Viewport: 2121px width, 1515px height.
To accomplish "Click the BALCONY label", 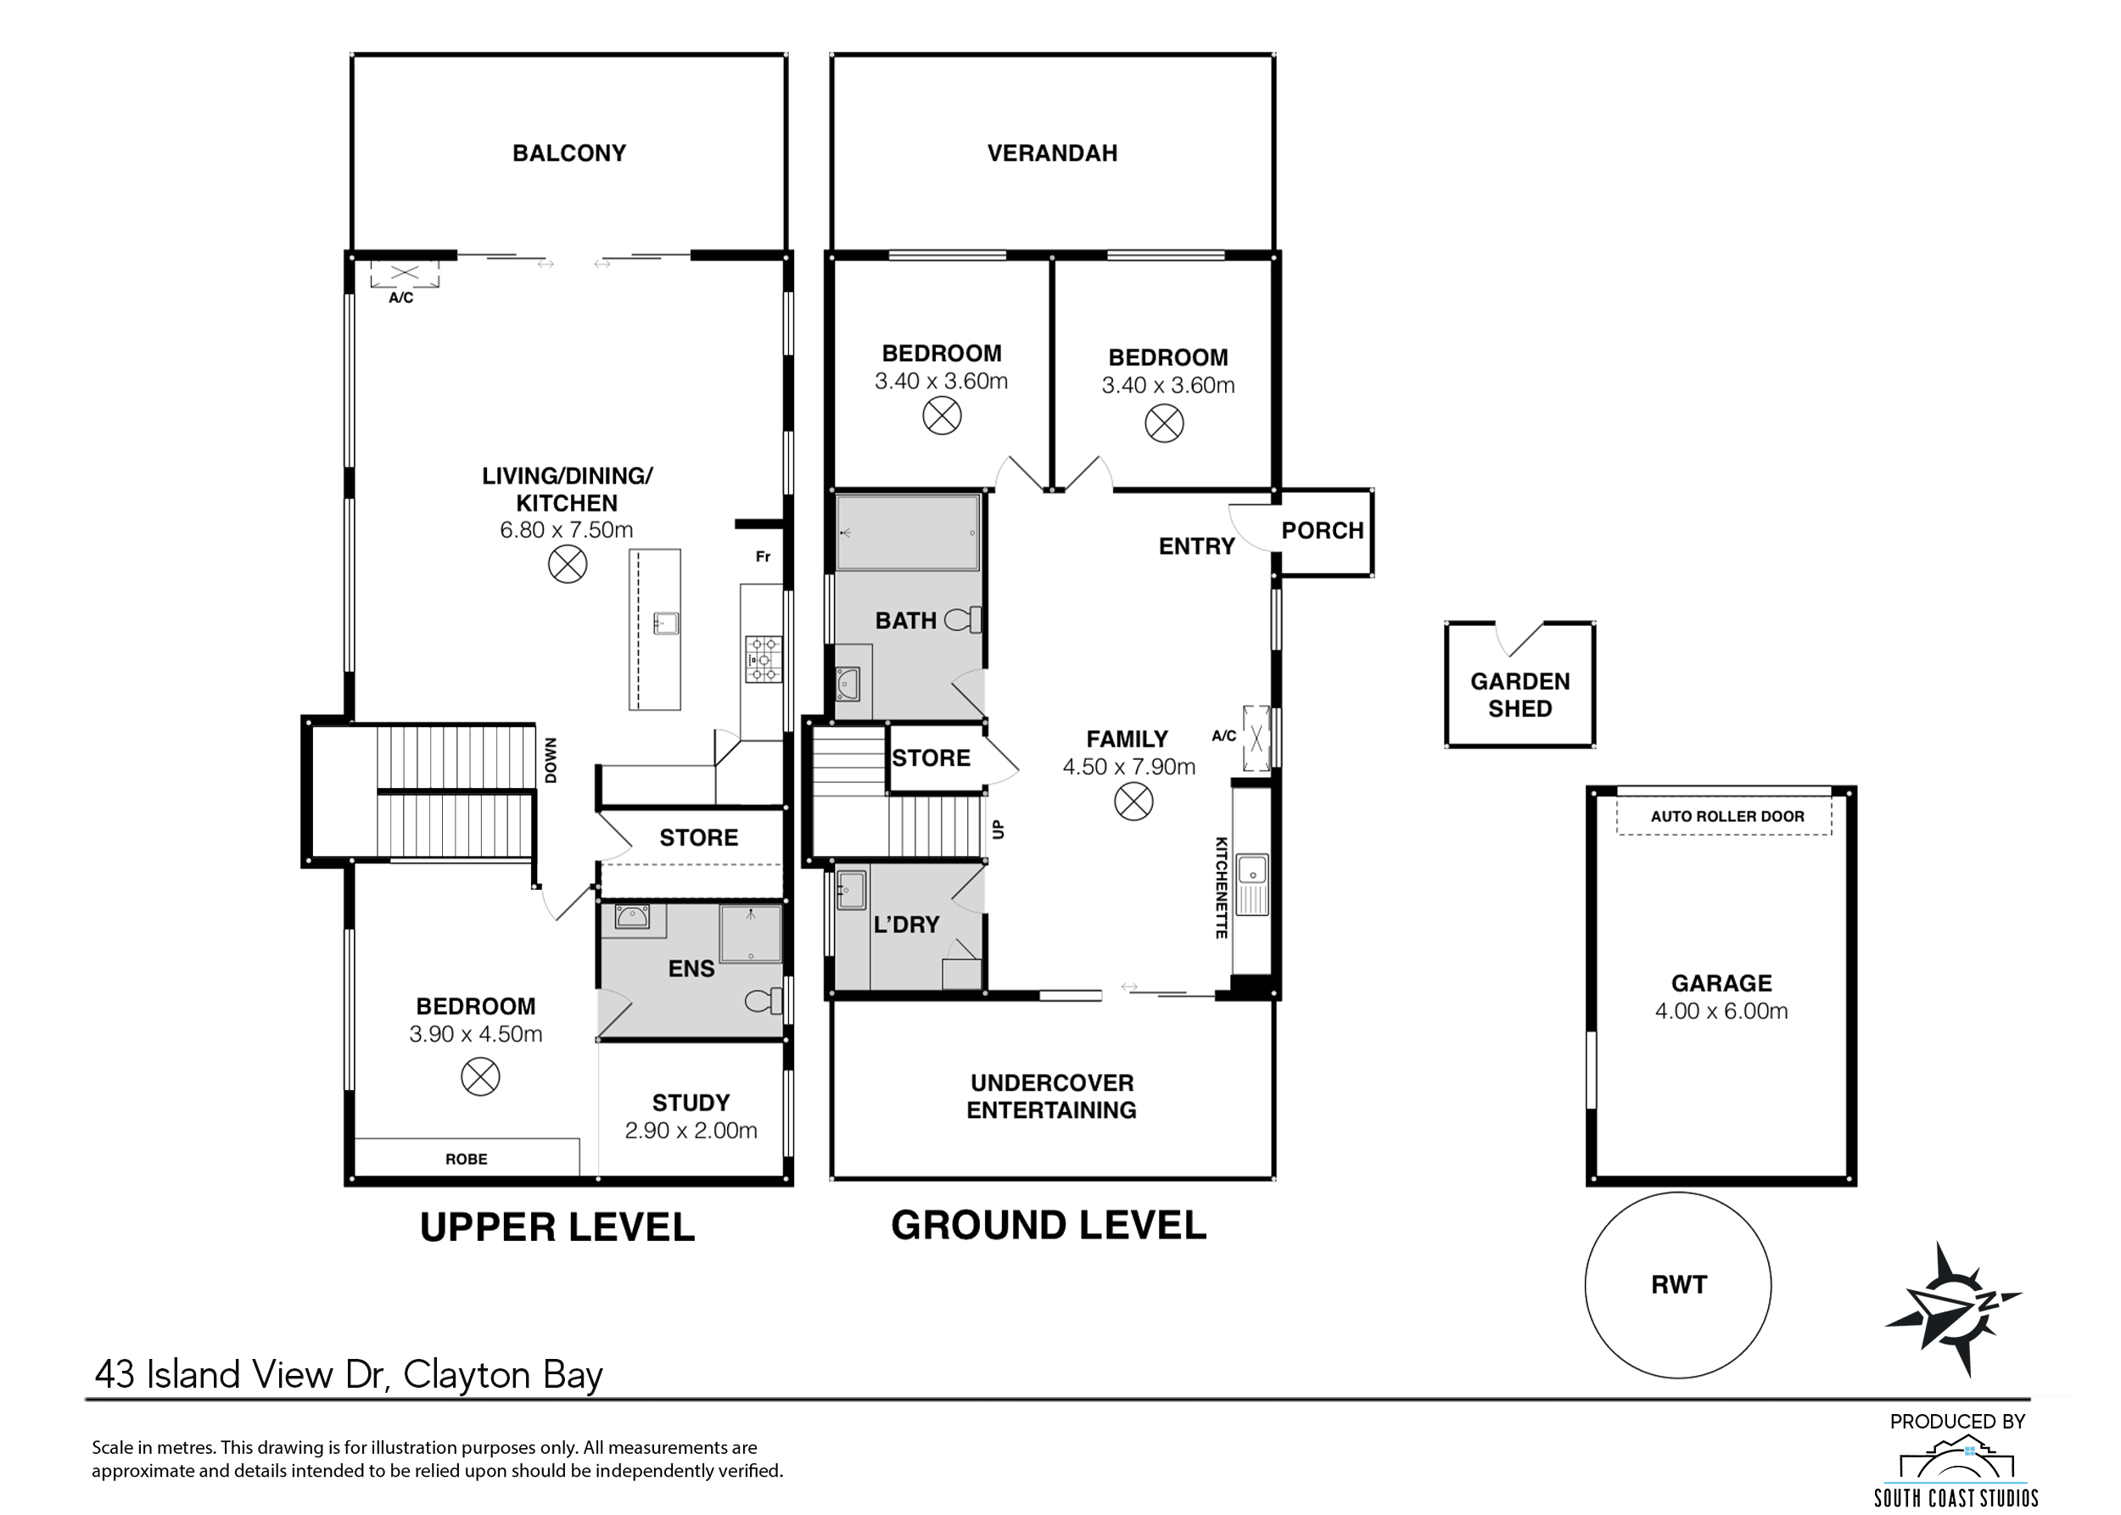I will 568,153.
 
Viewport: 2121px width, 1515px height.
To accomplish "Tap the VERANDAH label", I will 1052,153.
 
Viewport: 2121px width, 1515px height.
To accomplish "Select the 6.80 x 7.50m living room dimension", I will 567,530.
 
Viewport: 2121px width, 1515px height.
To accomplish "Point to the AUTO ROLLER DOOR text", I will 1726,816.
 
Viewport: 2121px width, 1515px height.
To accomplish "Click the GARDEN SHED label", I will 1519,695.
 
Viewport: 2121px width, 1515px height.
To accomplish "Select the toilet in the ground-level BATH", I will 965,619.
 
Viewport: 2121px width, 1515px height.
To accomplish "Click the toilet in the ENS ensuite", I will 764,1002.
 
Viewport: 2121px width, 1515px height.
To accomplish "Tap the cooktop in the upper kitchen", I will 763,658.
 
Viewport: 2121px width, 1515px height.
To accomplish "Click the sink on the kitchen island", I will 665,623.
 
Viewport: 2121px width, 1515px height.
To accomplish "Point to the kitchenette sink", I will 1251,870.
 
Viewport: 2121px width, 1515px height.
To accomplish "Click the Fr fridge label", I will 763,557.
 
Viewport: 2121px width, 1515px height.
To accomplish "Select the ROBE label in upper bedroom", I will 466,1159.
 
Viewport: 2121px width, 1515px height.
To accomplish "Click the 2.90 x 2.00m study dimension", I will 691,1131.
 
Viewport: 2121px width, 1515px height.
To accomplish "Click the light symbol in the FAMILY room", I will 1133,802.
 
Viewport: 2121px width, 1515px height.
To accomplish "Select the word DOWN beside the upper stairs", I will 551,760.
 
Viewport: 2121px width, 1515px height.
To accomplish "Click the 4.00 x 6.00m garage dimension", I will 1721,1011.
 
